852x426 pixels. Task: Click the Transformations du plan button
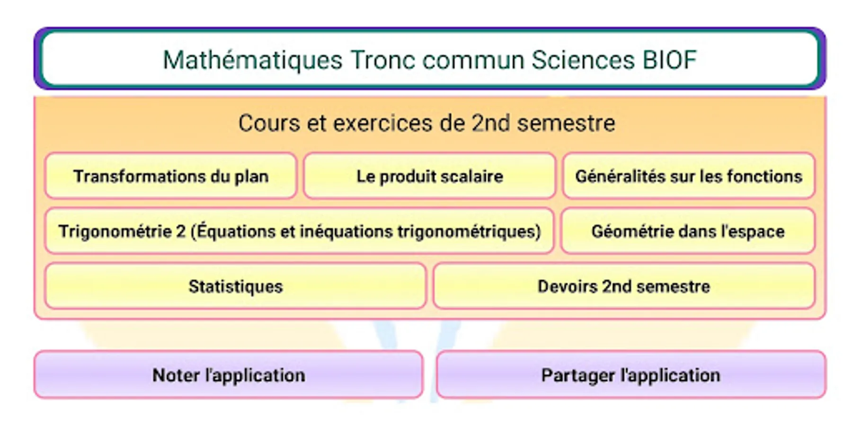[171, 176]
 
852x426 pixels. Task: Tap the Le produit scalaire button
[429, 176]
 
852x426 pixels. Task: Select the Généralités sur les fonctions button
[689, 176]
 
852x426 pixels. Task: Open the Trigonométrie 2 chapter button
[299, 231]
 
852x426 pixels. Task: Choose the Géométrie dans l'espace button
[688, 231]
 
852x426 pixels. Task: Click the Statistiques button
[236, 286]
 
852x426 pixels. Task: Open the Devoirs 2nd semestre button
[624, 286]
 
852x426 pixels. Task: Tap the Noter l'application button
[229, 375]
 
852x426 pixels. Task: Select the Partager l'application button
[631, 375]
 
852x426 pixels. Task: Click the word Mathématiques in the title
[252, 61]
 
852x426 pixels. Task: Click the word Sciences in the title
[583, 60]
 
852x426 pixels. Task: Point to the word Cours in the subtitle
[269, 123]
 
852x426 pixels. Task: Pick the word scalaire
[471, 176]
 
